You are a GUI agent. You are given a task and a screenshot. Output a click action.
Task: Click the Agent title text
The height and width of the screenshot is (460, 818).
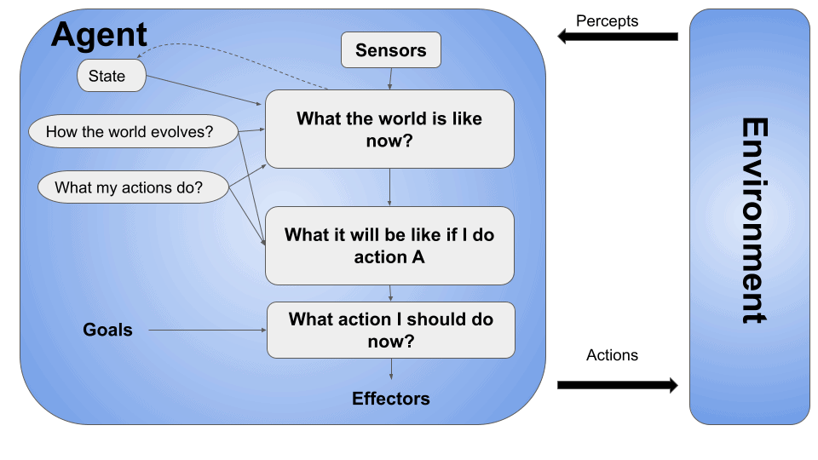click(99, 35)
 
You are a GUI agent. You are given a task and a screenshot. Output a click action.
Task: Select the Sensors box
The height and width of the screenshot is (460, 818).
click(391, 50)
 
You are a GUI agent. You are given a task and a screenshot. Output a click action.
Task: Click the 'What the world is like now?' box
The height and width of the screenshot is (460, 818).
click(389, 129)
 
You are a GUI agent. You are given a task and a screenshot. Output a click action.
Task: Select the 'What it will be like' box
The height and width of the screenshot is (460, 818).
click(389, 245)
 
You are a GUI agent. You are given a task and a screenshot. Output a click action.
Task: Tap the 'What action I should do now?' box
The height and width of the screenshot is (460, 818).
click(390, 330)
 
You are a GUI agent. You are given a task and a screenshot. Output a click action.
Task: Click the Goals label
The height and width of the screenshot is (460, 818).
click(107, 330)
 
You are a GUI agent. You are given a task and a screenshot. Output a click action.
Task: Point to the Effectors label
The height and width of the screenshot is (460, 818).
click(391, 399)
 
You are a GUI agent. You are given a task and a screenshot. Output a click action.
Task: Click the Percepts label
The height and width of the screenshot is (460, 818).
click(606, 20)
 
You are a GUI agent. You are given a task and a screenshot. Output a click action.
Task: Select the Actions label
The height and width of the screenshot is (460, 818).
click(612, 355)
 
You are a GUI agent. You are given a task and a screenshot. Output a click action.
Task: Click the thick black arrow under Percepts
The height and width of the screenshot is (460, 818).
click(618, 37)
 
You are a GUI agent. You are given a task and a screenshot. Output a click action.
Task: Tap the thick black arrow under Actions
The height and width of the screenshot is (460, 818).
click(618, 386)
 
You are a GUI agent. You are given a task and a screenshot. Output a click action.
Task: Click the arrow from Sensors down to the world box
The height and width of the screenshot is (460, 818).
click(391, 79)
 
